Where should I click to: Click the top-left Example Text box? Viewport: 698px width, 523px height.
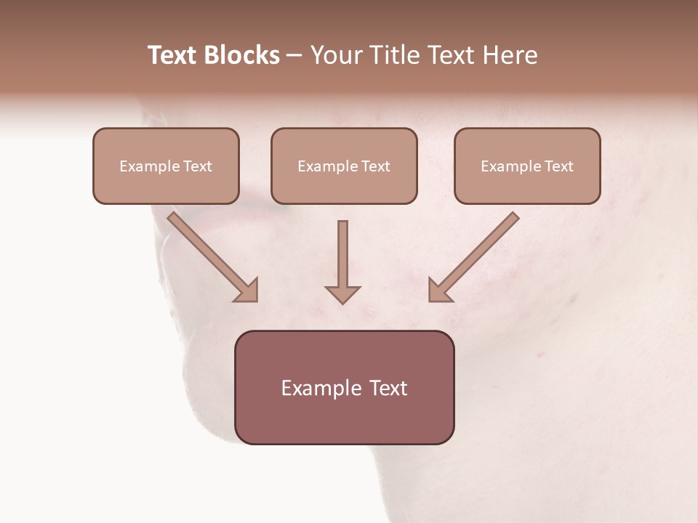point(166,166)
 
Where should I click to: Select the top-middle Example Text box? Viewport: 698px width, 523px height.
point(344,166)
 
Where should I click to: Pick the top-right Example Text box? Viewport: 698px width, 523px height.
point(527,166)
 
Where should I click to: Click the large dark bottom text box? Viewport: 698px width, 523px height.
point(344,388)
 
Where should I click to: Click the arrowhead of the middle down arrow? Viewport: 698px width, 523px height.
point(343,293)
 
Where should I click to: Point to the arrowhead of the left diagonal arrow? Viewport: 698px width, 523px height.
point(248,291)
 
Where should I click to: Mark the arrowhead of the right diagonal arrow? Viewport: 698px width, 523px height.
point(438,291)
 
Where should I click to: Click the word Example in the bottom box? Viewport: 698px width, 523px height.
point(318,389)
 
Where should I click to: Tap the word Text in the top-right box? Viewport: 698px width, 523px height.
point(558,166)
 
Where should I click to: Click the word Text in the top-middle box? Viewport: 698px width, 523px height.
point(375,166)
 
